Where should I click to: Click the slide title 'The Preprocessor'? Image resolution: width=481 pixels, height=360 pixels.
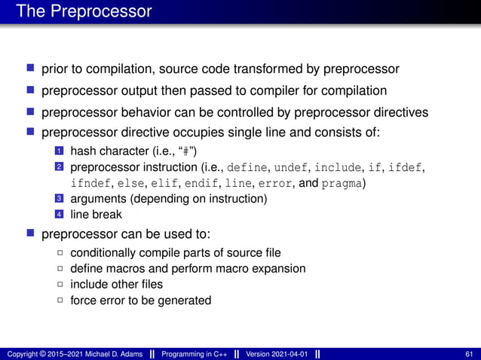pos(84,12)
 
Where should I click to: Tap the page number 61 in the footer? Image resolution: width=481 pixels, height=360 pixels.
pos(470,354)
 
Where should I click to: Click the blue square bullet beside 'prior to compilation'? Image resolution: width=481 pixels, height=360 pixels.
pos(32,69)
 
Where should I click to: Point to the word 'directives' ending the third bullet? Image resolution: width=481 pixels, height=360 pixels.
pos(402,112)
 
